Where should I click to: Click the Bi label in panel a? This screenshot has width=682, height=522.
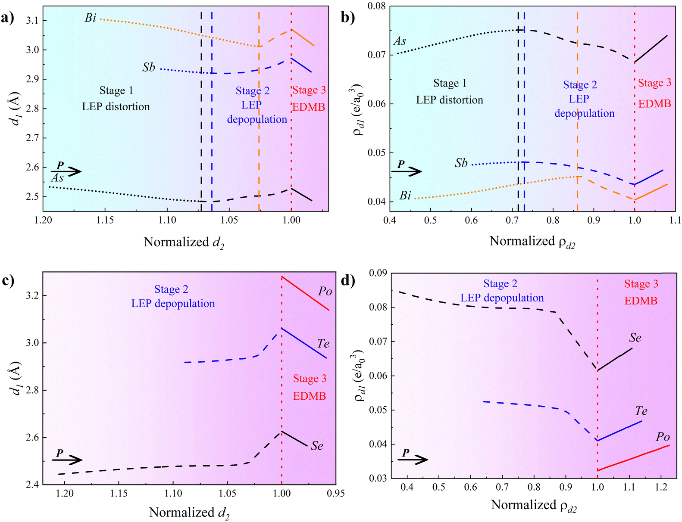90,18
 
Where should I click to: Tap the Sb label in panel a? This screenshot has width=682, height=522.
149,68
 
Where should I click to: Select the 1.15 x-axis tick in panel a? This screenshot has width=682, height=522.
104,221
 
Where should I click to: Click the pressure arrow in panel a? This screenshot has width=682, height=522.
69,171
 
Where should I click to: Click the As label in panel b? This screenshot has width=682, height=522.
400,41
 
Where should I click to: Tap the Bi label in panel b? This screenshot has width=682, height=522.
405,196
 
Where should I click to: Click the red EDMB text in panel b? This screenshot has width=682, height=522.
654,104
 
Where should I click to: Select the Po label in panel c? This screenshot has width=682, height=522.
325,292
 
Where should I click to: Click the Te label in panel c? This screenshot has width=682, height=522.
323,344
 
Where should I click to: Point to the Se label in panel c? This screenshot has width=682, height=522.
317,446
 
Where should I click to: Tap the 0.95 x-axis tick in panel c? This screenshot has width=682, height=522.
336,494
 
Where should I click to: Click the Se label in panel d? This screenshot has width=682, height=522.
635,338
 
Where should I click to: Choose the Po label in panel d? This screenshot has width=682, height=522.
663,437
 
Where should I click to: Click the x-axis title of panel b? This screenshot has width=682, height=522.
532,242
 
